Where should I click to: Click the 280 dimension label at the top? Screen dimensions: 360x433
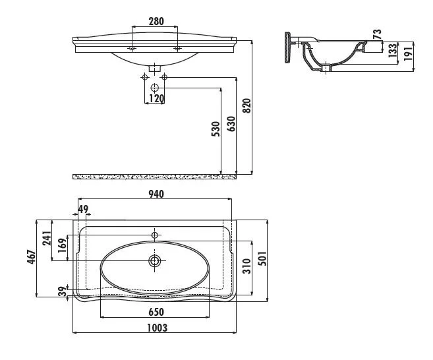coord(156,22)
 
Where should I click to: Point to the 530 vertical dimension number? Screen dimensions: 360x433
coord(216,129)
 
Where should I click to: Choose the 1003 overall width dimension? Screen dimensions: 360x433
coord(156,328)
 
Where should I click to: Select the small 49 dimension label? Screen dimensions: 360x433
coord(82,209)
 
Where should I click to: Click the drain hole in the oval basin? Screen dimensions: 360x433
coord(155,260)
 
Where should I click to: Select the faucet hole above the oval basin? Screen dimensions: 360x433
coord(155,235)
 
